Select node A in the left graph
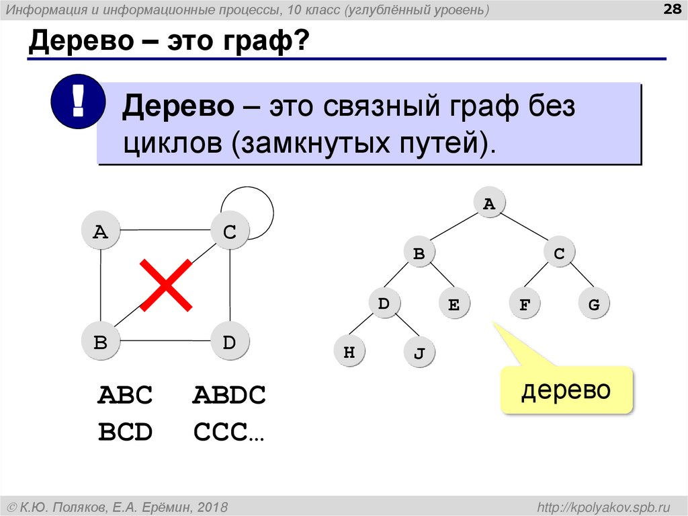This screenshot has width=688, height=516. coord(100,232)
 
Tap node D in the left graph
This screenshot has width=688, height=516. coord(230,342)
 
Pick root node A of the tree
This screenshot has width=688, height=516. coord(488,205)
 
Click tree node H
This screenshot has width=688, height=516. coord(349,352)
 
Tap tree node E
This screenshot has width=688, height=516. coord(454,305)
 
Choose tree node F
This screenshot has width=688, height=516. coord(525,305)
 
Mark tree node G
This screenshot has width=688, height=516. coord(593,305)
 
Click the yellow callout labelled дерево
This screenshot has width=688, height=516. coord(566,390)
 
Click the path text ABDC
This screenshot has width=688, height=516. coord(229,395)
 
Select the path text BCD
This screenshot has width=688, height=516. coord(126,432)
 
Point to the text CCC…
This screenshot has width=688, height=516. coord(229,432)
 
